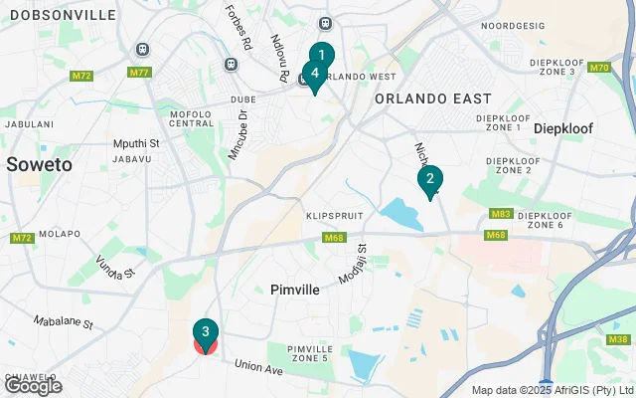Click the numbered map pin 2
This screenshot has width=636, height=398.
tap(429, 180)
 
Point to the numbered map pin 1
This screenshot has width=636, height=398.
tap(321, 55)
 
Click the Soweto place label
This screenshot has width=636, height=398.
tap(39, 165)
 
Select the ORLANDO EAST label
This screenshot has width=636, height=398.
tap(432, 99)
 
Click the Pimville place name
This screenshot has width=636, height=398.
tap(294, 290)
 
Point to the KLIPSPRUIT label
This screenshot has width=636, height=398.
tap(332, 215)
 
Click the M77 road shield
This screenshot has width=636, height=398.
tap(139, 73)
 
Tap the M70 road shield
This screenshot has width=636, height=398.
tap(598, 68)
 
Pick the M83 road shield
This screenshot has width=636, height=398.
tap(500, 214)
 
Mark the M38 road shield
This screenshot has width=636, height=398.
tap(617, 340)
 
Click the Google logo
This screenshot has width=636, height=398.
tap(33, 385)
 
